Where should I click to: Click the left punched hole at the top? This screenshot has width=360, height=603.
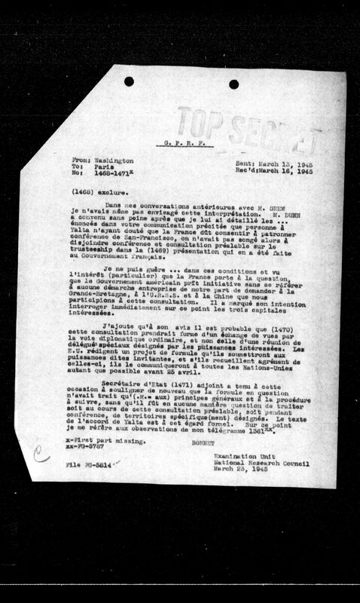[x=129, y=81]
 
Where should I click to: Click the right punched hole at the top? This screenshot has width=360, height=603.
[x=233, y=84]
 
